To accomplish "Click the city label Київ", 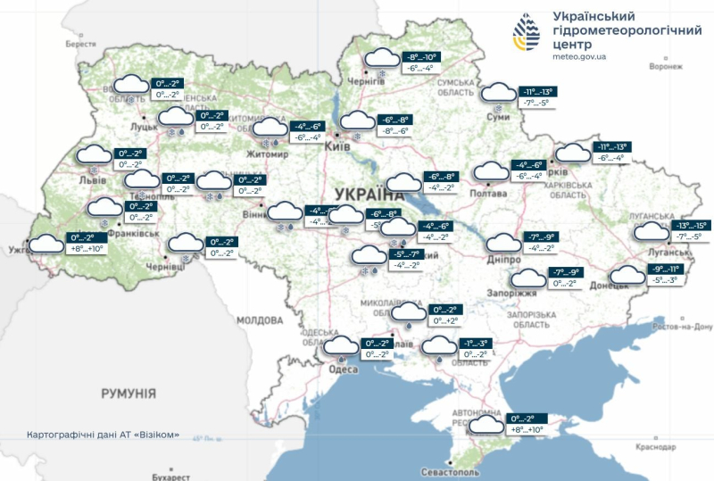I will click(338, 145).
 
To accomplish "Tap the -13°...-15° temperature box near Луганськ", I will click(691, 227).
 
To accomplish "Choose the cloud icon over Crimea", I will click(487, 424).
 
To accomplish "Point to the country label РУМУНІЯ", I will click(129, 393).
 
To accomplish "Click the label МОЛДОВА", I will click(260, 319).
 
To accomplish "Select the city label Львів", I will click(93, 180).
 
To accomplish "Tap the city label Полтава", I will click(488, 194).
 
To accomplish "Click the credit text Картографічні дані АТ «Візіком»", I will click(103, 435).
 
